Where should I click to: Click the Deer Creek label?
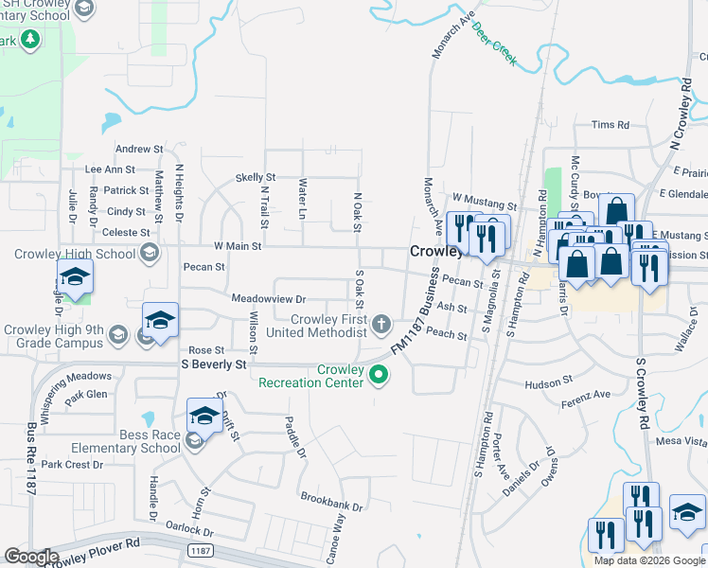click(x=495, y=44)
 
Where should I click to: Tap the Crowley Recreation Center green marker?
click(x=380, y=377)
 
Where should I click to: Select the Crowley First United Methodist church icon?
click(x=381, y=326)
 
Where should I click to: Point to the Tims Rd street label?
click(x=610, y=125)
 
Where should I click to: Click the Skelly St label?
click(x=255, y=177)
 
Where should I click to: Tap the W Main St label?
click(x=237, y=246)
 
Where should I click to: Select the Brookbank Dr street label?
click(x=331, y=502)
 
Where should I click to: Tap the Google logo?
click(x=31, y=557)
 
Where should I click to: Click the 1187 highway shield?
click(x=200, y=550)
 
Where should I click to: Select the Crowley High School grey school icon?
click(x=150, y=253)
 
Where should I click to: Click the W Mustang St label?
click(x=485, y=200)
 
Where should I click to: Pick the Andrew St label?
click(x=139, y=150)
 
